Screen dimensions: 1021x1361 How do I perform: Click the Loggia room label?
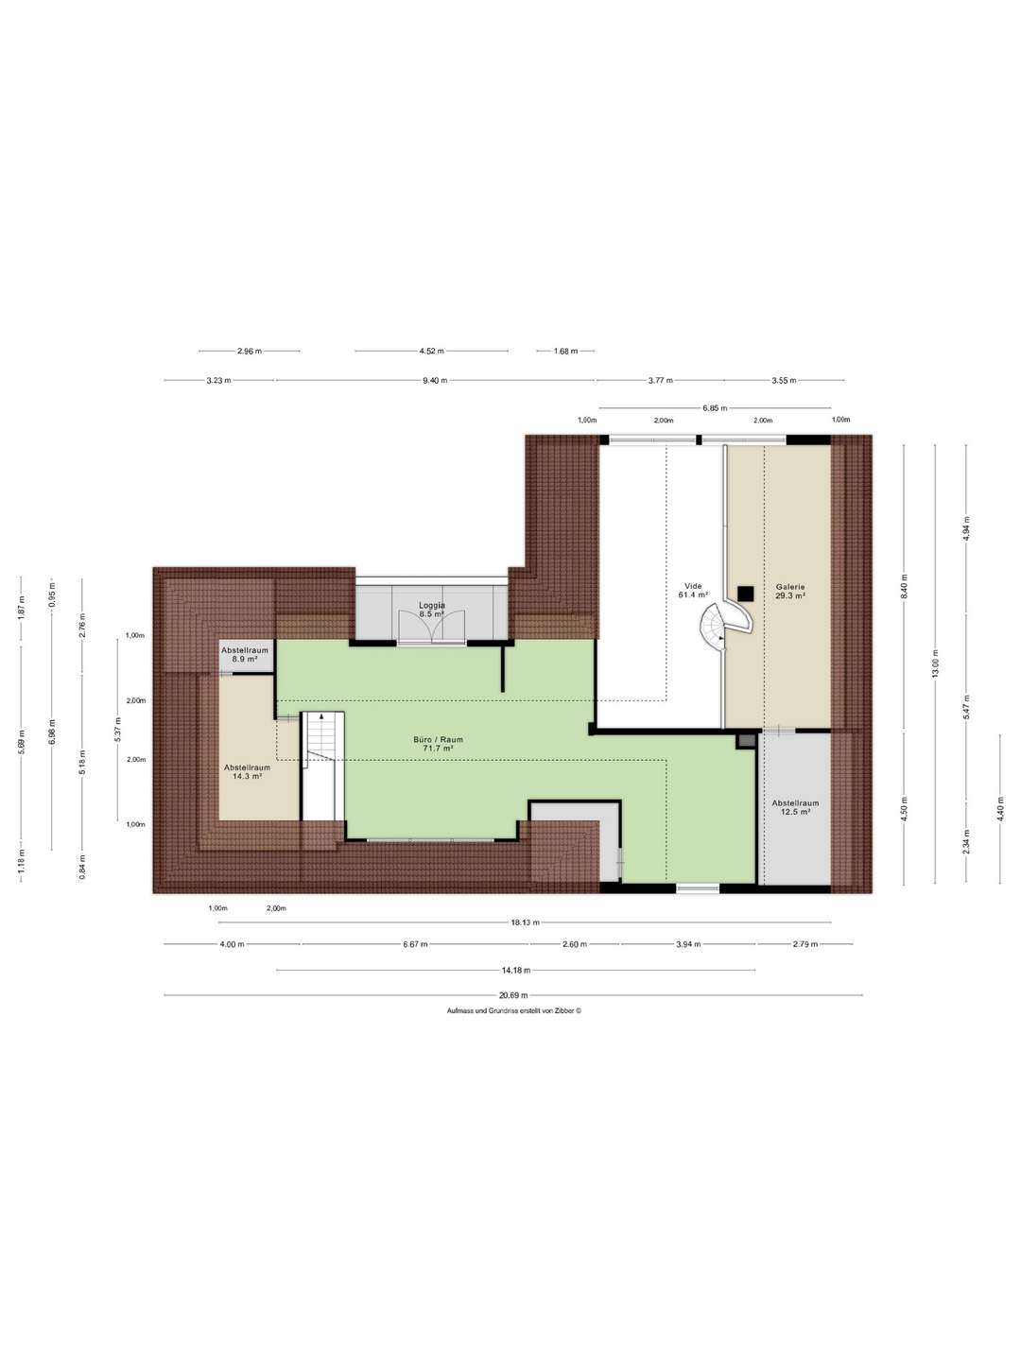432,610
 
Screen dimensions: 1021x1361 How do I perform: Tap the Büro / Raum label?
439,744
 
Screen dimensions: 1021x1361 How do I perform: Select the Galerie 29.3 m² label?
789,591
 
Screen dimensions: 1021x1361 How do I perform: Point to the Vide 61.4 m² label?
693,590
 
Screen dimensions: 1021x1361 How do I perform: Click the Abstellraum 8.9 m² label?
245,655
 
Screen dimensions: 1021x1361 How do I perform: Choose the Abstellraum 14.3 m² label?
247,771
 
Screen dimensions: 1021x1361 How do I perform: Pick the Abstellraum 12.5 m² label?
795,807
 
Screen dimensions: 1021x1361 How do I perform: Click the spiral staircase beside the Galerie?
724,627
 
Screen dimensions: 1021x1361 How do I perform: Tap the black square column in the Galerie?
745,594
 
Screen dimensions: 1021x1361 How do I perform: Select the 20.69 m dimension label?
513,996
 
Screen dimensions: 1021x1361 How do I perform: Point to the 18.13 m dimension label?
525,922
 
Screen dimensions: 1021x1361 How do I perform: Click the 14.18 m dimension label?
516,971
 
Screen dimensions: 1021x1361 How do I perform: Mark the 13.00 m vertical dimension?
936,663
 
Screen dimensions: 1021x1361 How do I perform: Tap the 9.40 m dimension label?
435,380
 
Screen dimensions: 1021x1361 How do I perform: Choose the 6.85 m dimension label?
715,408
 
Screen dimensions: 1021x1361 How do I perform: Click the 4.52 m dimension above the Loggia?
431,351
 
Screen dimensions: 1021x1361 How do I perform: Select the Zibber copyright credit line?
514,1010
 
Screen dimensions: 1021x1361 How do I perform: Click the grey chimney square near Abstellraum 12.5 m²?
747,740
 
